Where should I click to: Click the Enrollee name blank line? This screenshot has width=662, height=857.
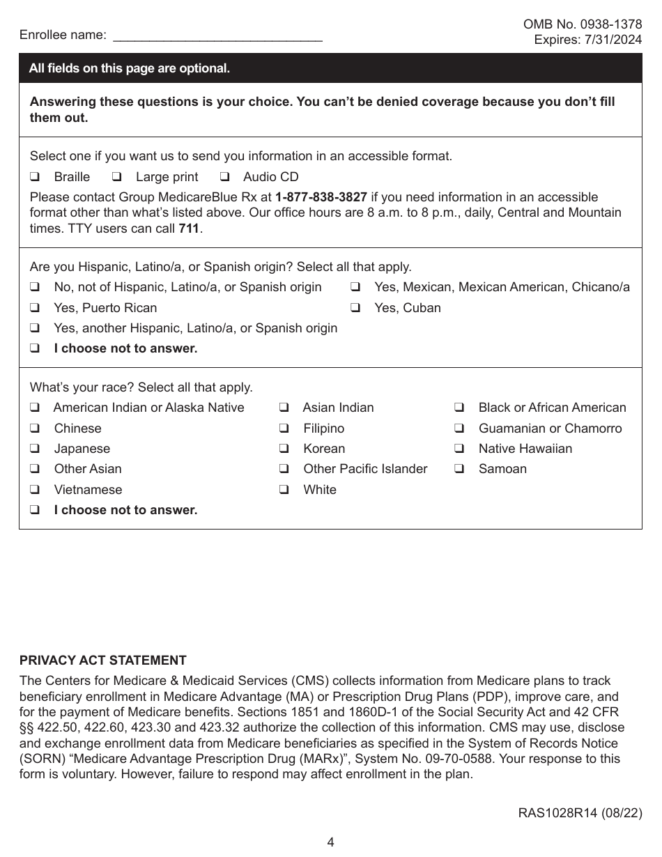217,36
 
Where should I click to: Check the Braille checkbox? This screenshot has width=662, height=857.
34,177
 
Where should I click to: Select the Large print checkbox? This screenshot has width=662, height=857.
116,177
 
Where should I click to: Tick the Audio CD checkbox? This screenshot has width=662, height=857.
224,177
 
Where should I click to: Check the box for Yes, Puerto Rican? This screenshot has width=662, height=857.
34,308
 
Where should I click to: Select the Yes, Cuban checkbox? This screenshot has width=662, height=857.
355,308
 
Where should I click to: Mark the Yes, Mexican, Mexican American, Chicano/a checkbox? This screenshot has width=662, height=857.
355,287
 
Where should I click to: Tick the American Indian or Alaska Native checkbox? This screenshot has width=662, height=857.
34,408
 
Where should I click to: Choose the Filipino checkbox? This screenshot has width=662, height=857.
284,428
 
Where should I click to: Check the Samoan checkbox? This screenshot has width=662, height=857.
459,469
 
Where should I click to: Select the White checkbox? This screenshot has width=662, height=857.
284,490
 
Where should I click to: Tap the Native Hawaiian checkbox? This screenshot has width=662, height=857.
459,449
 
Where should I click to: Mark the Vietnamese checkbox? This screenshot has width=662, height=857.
34,490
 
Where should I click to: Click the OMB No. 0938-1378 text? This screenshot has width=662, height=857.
583,24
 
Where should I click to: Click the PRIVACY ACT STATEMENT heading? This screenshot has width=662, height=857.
103,661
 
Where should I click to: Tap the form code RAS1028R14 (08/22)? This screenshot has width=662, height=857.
580,813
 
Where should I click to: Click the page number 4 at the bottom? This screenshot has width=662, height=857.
331,842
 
